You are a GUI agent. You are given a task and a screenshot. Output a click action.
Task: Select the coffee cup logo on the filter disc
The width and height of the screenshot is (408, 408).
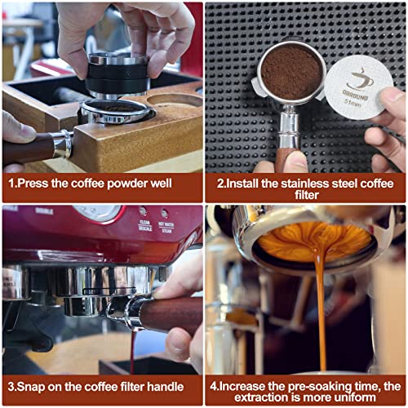coord(360,79)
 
